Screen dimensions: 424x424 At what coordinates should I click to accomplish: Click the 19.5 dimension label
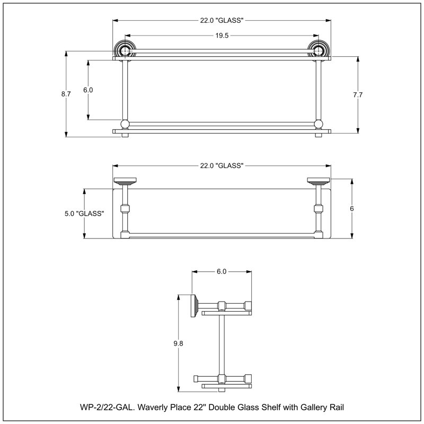tap(222, 36)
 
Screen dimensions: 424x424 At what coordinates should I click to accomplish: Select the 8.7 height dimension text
tap(66, 94)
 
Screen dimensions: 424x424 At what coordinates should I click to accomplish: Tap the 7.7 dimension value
tap(357, 95)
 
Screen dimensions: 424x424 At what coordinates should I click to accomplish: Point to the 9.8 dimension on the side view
tap(178, 343)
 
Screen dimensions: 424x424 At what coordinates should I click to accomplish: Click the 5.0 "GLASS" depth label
tap(84, 214)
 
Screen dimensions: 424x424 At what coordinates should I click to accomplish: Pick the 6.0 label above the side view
tap(222, 271)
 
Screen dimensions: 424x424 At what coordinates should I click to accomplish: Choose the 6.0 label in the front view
tap(88, 90)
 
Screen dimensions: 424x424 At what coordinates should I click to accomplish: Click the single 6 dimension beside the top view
tap(351, 209)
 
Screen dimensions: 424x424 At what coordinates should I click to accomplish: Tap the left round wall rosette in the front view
tap(125, 49)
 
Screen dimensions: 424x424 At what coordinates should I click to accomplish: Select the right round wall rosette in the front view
tap(319, 49)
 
